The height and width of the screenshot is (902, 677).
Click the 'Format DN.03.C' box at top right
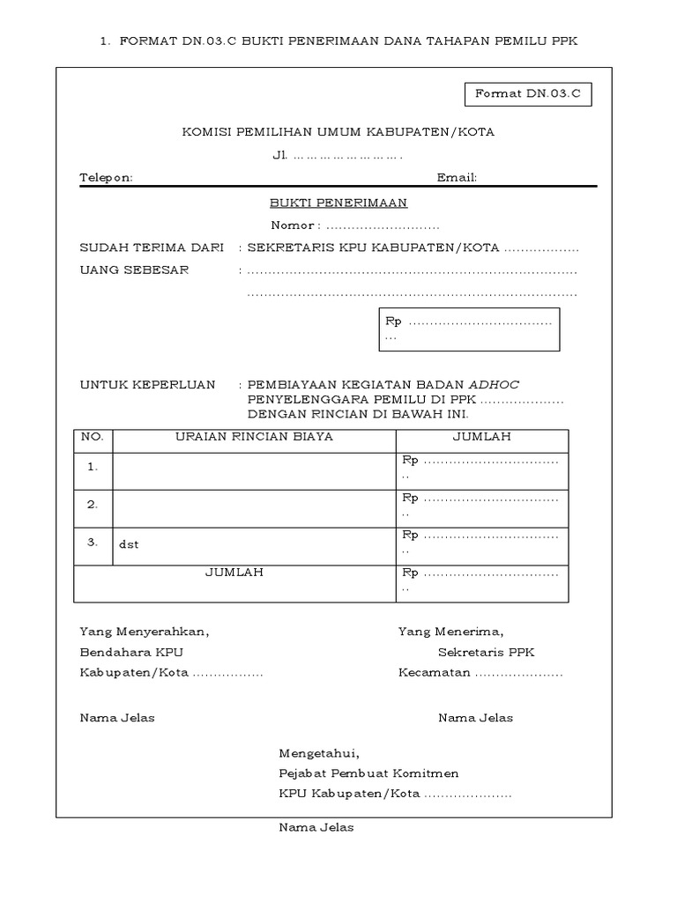[x=527, y=92]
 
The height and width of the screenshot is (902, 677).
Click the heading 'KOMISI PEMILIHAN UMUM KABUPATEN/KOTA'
[x=338, y=132]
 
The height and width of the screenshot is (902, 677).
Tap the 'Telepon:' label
[x=106, y=177]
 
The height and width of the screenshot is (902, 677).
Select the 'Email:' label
[x=457, y=177]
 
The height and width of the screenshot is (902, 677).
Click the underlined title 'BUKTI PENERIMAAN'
[x=338, y=203]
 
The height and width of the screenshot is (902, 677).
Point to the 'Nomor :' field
[x=353, y=225]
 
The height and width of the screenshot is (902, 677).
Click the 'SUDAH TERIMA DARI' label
[x=152, y=248]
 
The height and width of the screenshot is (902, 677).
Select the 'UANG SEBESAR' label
[x=134, y=270]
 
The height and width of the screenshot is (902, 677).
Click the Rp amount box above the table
[x=469, y=329]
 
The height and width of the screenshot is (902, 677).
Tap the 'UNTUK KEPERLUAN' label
[x=147, y=385]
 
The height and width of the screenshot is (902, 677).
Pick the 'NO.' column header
[x=93, y=437]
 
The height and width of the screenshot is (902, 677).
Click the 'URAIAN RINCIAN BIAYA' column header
[x=254, y=437]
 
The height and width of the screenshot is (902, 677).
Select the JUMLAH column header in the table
[x=481, y=437]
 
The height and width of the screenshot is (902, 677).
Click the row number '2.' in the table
[x=93, y=505]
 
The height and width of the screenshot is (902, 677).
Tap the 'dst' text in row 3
[x=129, y=544]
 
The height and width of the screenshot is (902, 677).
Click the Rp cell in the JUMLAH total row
[x=481, y=579]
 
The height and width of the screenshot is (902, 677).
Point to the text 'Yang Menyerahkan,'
[x=145, y=632]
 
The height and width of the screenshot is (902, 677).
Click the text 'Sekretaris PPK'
[x=487, y=653]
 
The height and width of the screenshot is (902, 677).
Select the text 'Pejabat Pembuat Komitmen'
[x=368, y=773]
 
